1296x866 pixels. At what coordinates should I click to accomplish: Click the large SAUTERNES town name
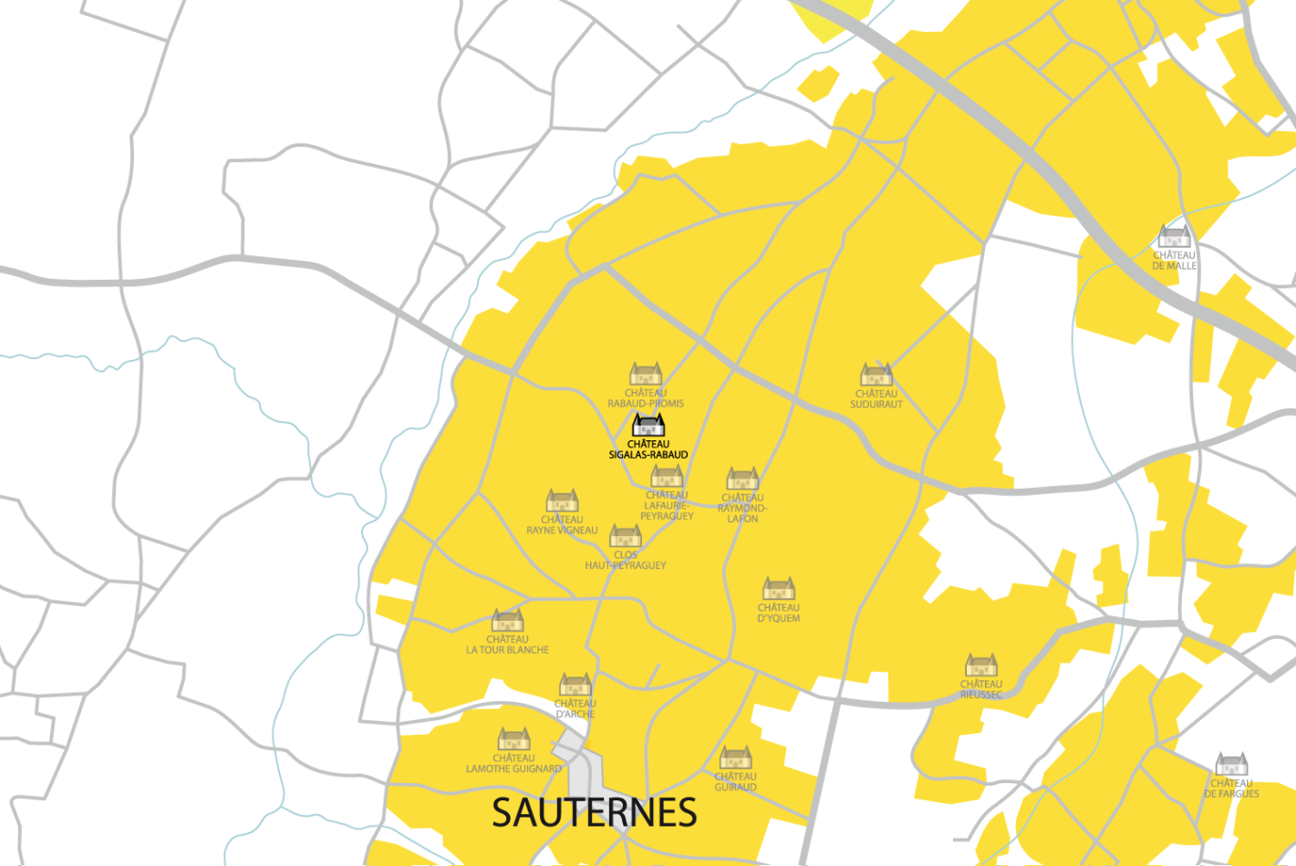(594, 812)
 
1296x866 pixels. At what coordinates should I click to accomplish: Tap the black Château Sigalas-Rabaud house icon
(648, 426)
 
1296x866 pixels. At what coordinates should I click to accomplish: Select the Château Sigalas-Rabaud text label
(648, 449)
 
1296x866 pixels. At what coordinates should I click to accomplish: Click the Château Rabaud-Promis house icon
(646, 374)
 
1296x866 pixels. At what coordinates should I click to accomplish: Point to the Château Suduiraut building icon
(876, 375)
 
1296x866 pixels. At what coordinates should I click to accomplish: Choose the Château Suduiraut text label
(876, 399)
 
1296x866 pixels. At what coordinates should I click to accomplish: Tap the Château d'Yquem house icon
(779, 588)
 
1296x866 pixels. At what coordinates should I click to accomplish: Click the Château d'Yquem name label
(779, 613)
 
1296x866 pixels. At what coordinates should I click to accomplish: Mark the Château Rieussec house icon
(981, 665)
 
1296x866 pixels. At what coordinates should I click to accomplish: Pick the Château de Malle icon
(1174, 236)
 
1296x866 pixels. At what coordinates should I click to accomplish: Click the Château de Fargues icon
(1231, 764)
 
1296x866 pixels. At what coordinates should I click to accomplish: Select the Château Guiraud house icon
(735, 758)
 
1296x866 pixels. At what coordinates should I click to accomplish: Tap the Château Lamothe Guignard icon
(513, 738)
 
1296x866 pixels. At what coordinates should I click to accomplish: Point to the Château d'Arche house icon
(575, 684)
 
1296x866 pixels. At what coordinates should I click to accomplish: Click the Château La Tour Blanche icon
(508, 621)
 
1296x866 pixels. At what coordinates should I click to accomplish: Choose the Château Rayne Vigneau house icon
(562, 500)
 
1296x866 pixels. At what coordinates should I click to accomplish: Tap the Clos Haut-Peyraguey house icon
(626, 535)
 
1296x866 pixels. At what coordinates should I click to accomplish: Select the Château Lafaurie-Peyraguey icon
(667, 477)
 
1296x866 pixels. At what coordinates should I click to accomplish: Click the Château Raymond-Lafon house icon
(742, 479)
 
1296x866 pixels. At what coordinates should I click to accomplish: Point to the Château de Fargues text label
(1231, 789)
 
